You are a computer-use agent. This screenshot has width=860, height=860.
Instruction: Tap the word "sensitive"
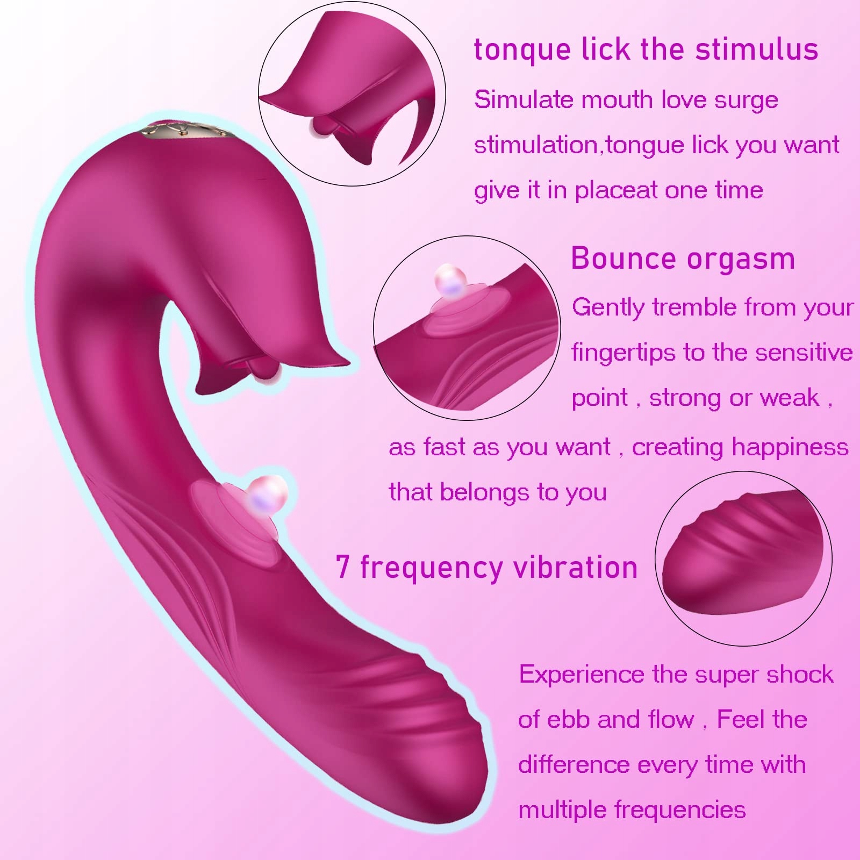804,353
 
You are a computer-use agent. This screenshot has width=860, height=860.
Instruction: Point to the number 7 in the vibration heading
343,567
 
